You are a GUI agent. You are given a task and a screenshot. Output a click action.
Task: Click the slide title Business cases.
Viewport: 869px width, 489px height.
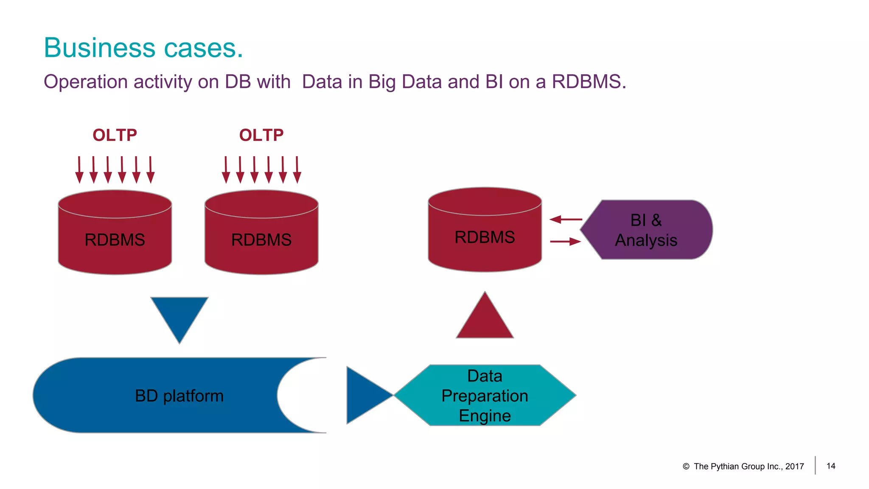coord(143,48)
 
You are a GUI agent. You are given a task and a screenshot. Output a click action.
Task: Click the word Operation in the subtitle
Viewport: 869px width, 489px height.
coord(85,81)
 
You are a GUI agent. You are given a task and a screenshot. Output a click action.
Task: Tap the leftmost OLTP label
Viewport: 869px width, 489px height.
coord(115,135)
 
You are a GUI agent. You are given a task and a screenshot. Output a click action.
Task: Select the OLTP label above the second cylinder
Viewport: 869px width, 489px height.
coord(261,135)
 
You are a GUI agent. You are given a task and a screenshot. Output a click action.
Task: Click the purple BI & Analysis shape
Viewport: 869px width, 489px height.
coord(646,230)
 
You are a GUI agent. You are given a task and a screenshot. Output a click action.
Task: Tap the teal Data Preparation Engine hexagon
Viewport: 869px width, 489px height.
coord(485,395)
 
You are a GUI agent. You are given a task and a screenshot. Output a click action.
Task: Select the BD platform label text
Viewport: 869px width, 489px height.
coord(179,396)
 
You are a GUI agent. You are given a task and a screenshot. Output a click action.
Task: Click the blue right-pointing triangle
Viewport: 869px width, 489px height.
coord(365,395)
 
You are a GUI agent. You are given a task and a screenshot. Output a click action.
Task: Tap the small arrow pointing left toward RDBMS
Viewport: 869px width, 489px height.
coord(566,219)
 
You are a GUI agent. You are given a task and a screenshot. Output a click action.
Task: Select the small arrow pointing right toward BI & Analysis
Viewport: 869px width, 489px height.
coord(566,242)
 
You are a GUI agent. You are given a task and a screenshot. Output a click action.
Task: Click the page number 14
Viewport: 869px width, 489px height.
coord(831,466)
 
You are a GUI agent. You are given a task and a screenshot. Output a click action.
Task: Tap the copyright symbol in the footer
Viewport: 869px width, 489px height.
coord(686,467)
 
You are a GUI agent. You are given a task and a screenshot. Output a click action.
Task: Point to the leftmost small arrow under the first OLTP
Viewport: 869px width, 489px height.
coord(79,170)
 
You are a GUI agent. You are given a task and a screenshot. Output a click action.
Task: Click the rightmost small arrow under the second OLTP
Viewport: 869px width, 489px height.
coord(297,170)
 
